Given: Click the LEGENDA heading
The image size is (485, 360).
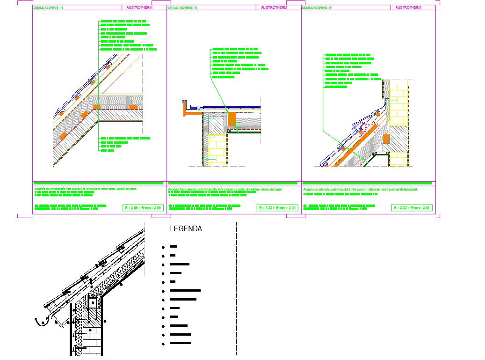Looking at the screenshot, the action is tap(186, 229).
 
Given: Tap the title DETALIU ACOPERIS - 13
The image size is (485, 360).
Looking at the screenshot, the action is tap(182, 8).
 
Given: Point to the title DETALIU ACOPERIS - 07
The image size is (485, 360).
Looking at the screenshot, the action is tap(317, 8).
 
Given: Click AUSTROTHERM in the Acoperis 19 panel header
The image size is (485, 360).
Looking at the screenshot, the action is tap(139, 8).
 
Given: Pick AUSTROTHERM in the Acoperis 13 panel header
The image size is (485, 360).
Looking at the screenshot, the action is tap(275, 8).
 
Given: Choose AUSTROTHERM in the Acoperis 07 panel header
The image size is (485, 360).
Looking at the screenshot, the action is tap(408, 8).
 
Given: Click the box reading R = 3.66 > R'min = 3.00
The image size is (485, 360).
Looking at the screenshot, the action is tap(143, 208).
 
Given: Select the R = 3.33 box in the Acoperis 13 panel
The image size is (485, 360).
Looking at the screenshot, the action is tap(277, 208).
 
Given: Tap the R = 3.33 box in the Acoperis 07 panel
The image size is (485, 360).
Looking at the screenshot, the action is tap(412, 208).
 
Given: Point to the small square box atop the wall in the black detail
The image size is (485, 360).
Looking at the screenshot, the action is tap(93, 303).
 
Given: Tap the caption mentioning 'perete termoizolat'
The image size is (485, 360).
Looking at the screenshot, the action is tap(360, 189).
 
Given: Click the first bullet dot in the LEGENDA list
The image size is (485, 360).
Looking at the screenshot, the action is tap(163, 247).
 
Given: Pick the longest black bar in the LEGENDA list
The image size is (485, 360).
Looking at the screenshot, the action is tap(185, 291).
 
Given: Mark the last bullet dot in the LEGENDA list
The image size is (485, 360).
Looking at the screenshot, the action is tap(163, 344).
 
